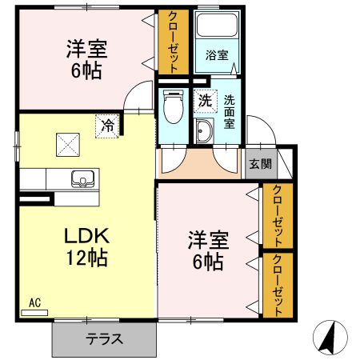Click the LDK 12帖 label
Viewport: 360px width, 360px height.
click(87, 246)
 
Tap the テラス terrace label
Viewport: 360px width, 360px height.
click(105, 338)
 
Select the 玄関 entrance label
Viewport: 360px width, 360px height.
click(259, 164)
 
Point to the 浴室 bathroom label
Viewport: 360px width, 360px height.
click(216, 56)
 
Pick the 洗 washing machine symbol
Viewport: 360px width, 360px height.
click(205, 101)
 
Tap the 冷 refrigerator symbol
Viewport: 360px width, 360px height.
click(106, 125)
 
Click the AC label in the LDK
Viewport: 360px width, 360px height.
click(34, 303)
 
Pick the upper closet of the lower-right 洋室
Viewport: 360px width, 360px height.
click(278, 215)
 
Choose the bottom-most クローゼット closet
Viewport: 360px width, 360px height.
click(278, 284)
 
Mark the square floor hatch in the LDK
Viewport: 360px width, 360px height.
click(66, 143)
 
